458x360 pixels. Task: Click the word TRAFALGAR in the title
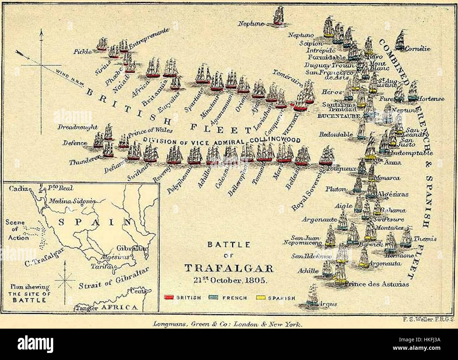229,269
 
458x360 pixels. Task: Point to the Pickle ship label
82,51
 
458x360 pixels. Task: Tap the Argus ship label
327,304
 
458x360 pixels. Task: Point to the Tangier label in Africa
86,308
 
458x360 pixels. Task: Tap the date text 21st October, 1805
230,281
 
